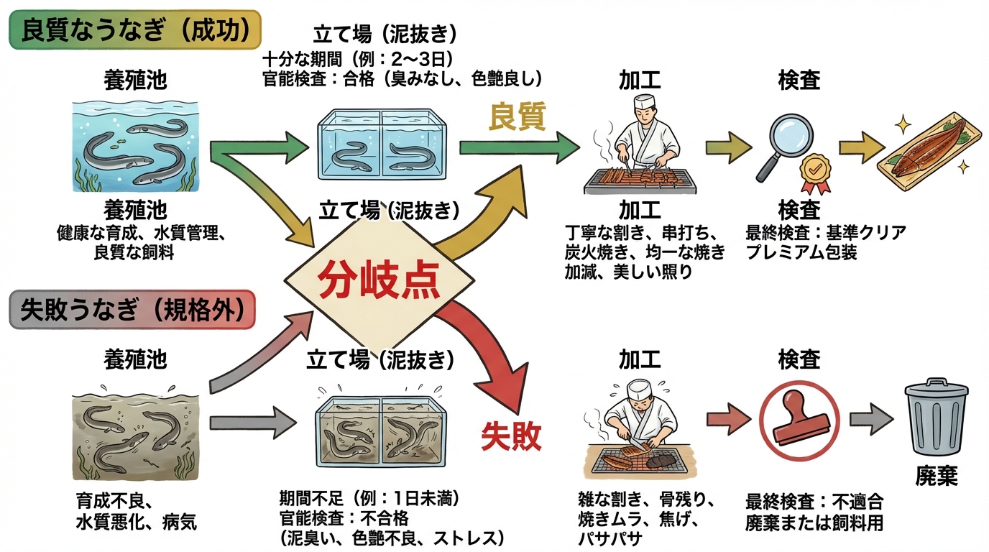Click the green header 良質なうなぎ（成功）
tap(135, 29)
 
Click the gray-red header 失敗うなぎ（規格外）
tap(132, 310)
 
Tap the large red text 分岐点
tap(379, 280)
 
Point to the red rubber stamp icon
tap(798, 421)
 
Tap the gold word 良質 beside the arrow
tap(517, 116)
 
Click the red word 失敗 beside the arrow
tap(510, 435)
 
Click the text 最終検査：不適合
tap(814, 501)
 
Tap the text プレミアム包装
tap(802, 252)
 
